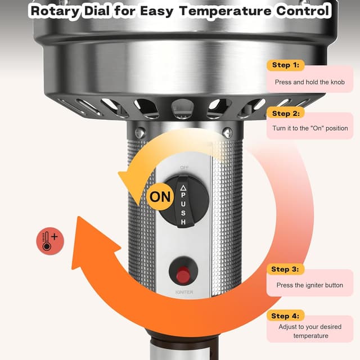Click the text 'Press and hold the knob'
[x=309, y=82]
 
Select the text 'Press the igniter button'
[x=309, y=285]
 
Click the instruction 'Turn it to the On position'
[x=310, y=128]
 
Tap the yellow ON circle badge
[x=159, y=197]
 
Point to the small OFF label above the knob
[x=184, y=168]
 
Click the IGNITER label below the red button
[x=183, y=292]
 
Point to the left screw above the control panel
[x=140, y=133]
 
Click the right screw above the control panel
[x=227, y=133]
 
